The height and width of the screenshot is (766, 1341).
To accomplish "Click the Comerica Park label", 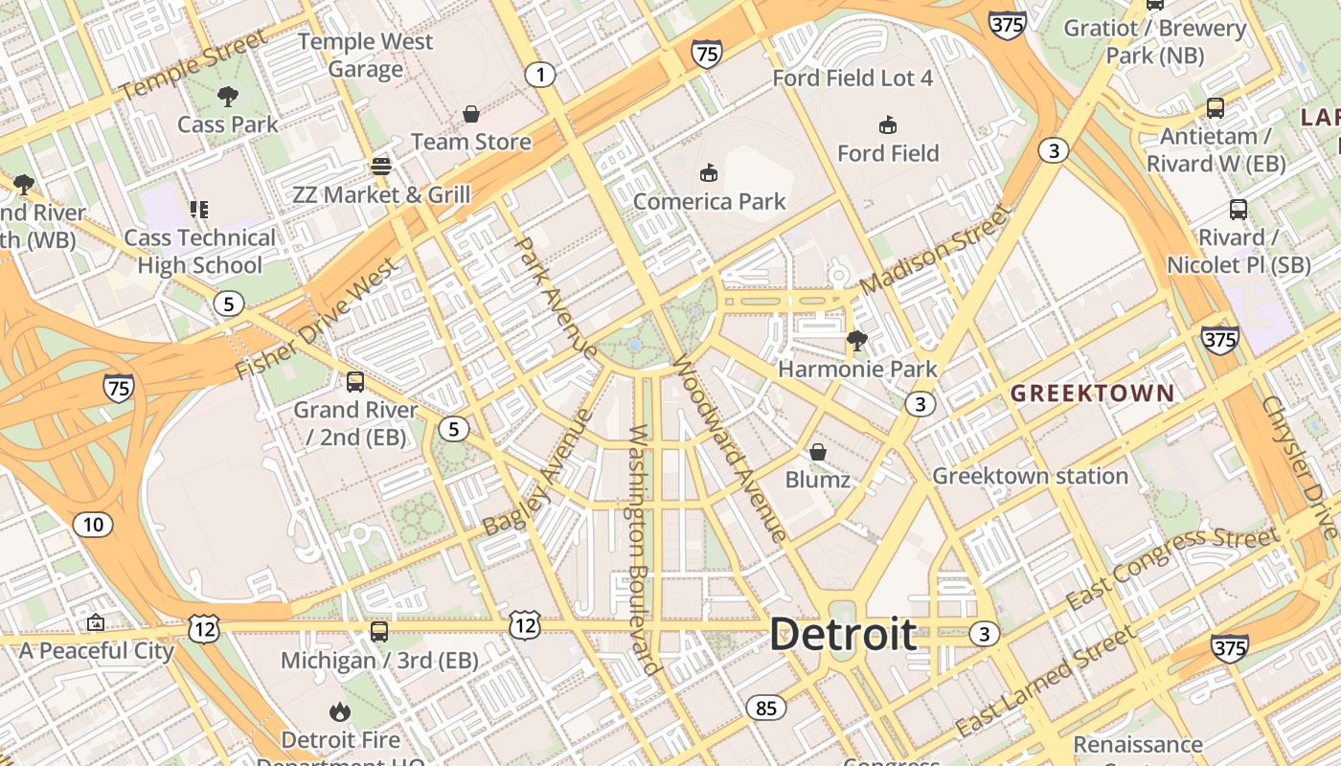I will (709, 201).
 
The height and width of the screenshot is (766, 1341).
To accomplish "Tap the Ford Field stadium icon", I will (888, 124).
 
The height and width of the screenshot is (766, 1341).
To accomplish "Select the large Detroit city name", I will (843, 635).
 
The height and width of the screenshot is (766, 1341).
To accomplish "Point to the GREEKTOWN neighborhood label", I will (1092, 393).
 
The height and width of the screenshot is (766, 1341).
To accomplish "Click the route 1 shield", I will (540, 75).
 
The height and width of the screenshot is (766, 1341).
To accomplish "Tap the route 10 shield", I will (92, 525).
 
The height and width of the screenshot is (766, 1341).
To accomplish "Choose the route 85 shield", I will (765, 708).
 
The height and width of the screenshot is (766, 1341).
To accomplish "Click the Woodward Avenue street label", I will (730, 448).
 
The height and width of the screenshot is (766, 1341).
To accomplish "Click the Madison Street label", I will (935, 250).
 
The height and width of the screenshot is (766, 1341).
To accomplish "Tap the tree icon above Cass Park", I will (227, 96).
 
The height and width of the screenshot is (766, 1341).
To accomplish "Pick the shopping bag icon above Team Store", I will (471, 115).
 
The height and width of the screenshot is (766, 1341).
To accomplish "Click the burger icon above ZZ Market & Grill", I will (381, 167).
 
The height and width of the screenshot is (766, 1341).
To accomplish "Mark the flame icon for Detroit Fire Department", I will (339, 711).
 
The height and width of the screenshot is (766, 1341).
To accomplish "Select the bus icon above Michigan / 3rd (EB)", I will (379, 632).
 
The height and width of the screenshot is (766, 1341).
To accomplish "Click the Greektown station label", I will (1030, 476).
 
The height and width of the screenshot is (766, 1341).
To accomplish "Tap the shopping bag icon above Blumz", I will (818, 452).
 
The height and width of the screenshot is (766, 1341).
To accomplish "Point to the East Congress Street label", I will (1172, 568).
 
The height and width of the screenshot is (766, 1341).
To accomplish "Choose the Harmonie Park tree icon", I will (857, 340).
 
